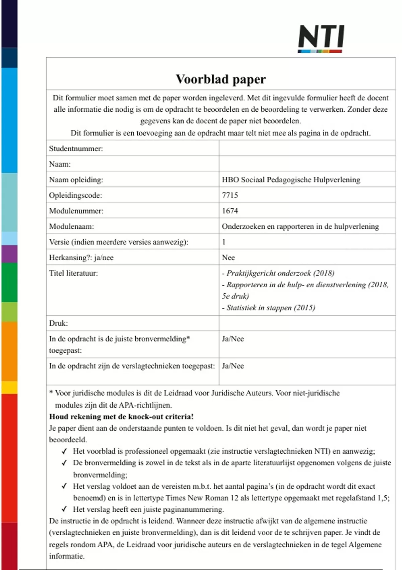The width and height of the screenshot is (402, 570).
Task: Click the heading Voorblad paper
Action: click(x=221, y=79)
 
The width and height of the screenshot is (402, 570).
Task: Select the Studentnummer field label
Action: click(x=76, y=149)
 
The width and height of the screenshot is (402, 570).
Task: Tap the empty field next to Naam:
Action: click(x=307, y=164)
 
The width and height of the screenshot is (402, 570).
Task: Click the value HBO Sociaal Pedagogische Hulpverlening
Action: click(x=291, y=180)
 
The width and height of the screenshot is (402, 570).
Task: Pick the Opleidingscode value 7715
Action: click(x=230, y=195)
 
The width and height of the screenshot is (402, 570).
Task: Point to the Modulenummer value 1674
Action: click(x=230, y=211)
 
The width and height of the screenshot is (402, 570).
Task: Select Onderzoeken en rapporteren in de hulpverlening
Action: click(x=300, y=226)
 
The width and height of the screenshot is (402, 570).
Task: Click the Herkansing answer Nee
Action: click(x=228, y=258)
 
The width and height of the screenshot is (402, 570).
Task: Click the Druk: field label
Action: click(x=58, y=323)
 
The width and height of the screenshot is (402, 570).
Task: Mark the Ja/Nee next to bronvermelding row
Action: click(x=233, y=339)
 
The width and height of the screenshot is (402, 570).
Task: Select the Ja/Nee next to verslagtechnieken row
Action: click(x=233, y=366)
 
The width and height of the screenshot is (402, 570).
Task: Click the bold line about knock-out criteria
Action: click(x=121, y=417)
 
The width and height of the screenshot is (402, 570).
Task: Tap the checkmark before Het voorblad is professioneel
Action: click(x=64, y=451)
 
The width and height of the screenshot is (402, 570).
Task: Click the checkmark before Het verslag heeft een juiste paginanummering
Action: click(x=64, y=509)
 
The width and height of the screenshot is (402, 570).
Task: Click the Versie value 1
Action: click(x=224, y=242)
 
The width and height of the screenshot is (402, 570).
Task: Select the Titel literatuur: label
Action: click(x=73, y=273)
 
